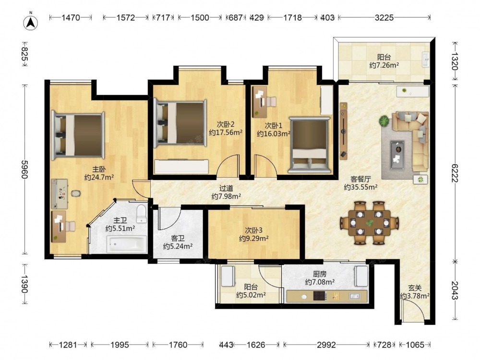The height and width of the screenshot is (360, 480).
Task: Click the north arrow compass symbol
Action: click(31, 22)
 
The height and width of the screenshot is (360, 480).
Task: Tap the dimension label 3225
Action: click(384, 18)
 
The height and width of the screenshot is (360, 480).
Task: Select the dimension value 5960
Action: click(25, 169)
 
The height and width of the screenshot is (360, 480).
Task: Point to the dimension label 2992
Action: click(326, 345)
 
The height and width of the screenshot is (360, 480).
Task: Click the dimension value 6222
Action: click(455, 173)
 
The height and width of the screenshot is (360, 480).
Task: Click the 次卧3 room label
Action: click(254, 230)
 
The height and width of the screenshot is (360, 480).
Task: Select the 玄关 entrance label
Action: click(415, 288)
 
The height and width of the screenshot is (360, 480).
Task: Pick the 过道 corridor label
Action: click(226, 189)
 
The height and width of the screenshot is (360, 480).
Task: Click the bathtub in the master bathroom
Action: click(126, 244)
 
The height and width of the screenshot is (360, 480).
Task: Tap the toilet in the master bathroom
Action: click(141, 214)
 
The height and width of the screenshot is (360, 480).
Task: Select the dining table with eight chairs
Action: click(370, 223)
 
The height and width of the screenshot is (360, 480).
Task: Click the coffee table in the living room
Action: click(397, 155)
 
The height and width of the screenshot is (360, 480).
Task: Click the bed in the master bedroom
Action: click(78, 135)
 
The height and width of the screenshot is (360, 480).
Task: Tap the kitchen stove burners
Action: click(320, 296)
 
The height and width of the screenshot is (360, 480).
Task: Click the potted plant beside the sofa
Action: click(384, 121)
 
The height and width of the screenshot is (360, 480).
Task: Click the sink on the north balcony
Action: click(425, 59)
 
